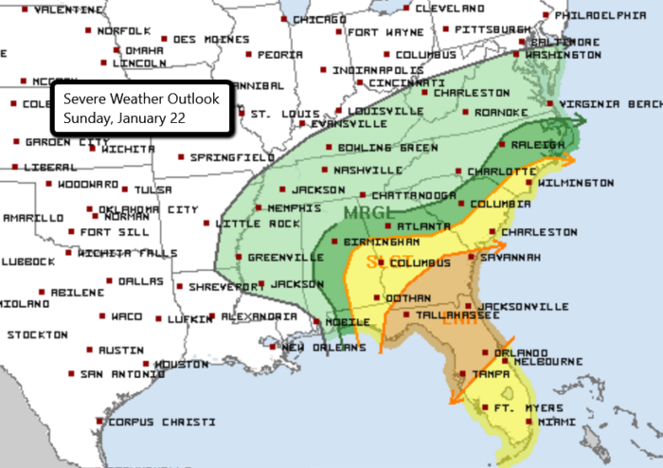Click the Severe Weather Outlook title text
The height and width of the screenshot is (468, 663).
141,99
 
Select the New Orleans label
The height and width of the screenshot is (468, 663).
324,348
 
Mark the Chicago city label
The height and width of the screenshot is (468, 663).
319,19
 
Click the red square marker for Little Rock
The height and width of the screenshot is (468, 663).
210,224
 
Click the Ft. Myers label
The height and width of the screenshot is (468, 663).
516,408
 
